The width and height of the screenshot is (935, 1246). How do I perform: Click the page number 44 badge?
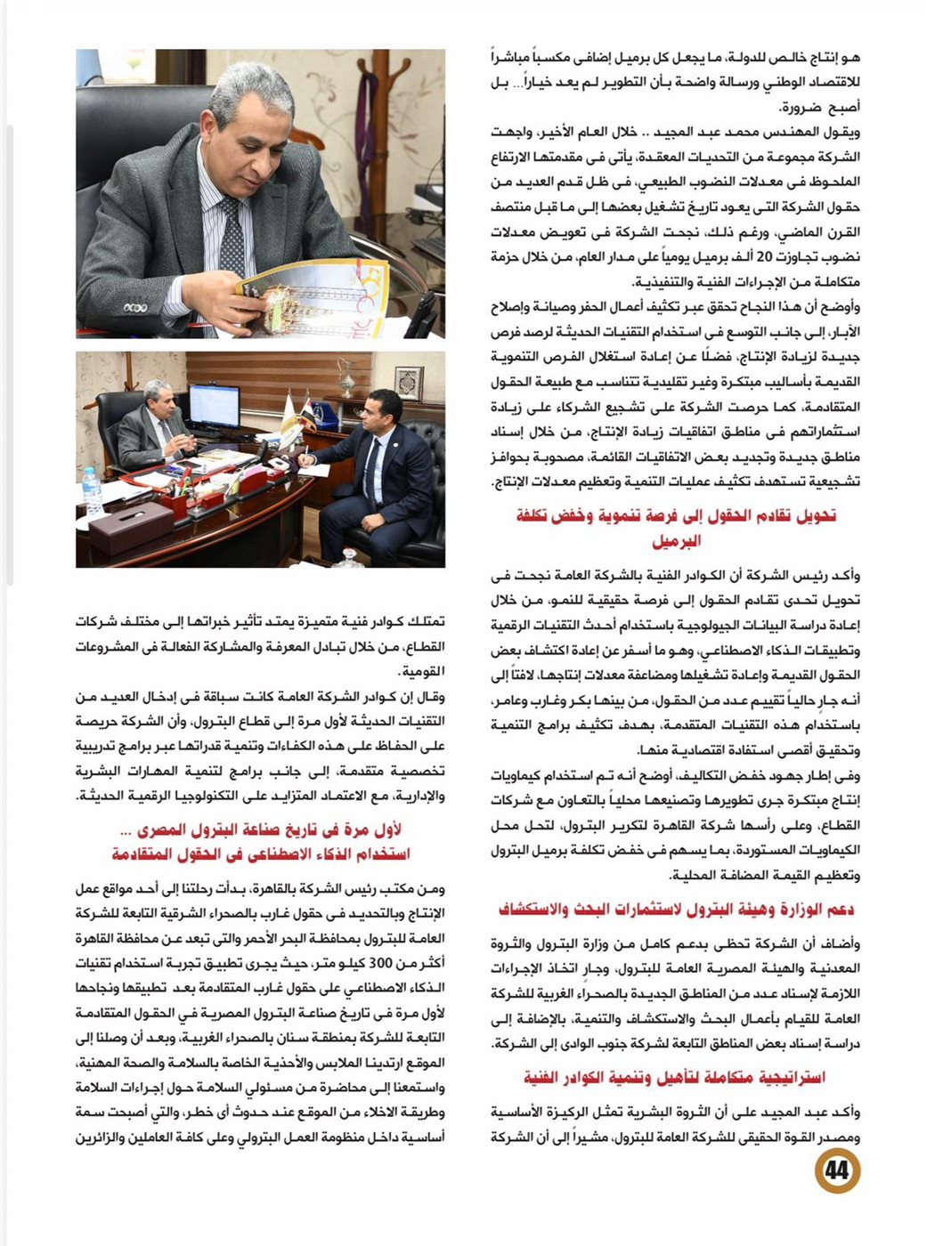pos(836,1169)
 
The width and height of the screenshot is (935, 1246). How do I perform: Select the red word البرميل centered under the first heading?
pos(677,540)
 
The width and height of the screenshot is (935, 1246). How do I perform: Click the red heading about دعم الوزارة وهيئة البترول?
pos(676,909)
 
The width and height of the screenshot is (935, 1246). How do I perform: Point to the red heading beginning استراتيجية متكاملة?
pos(675,1078)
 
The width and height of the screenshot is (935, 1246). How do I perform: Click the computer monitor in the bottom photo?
pos(214,405)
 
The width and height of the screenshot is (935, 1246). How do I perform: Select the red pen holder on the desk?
pos(169,504)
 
